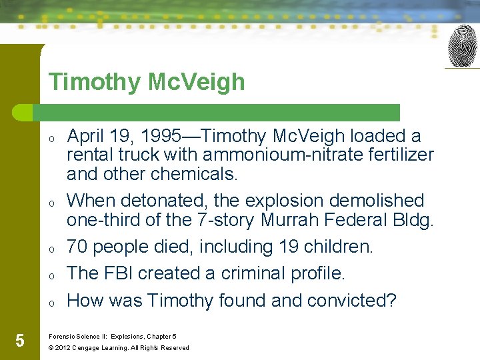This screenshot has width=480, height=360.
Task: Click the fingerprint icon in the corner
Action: [x=463, y=46]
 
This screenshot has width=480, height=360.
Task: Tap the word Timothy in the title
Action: [x=86, y=82]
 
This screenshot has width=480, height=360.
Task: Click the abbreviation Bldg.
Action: [x=412, y=219]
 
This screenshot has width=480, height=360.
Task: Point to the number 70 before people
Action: [x=78, y=247]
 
